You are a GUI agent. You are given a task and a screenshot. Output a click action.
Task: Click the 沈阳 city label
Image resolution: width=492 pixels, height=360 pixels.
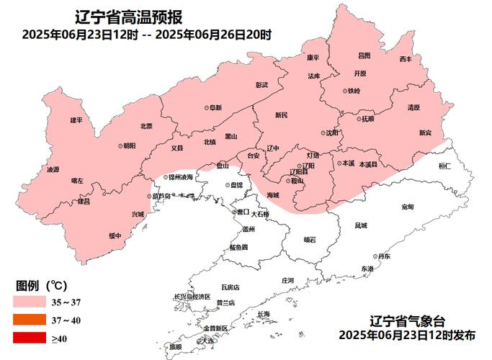click(331, 133)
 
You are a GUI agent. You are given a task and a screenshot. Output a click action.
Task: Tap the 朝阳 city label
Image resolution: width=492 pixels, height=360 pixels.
click(128, 145)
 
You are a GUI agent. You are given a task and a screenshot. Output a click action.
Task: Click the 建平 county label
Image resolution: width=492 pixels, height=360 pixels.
click(76, 120)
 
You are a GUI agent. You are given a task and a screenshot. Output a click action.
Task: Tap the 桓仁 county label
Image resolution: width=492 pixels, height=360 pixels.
click(444, 166)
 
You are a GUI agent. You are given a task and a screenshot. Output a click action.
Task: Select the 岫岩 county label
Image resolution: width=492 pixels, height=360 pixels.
click(310, 239)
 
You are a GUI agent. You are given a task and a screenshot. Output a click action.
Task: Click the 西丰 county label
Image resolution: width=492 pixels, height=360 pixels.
click(406, 58)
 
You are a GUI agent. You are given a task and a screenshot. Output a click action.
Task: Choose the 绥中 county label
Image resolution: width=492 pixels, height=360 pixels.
click(115, 235)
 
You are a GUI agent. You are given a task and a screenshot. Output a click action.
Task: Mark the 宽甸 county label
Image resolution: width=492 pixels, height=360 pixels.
click(407, 207)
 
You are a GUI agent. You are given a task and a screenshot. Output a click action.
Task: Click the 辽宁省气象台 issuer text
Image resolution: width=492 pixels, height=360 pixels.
click(408, 321)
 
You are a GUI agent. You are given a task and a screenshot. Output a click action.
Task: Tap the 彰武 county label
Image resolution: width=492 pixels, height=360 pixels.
click(261, 84)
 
